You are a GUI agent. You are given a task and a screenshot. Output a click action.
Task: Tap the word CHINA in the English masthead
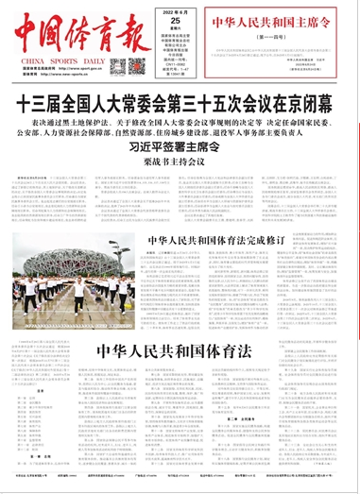click(x=32, y=59)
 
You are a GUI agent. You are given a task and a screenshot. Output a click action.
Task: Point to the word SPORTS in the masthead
click(x=76, y=59)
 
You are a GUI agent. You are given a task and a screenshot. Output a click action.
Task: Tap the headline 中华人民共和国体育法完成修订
click(x=210, y=266)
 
